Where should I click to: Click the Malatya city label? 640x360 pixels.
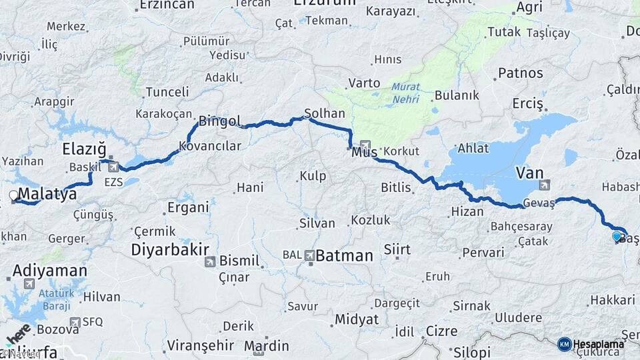(47, 194)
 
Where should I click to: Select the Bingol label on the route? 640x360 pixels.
(219, 121)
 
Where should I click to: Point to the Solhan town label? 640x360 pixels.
(324, 113)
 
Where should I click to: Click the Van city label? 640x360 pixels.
(529, 173)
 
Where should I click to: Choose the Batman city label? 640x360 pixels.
(344, 255)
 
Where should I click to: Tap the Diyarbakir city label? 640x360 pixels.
(167, 250)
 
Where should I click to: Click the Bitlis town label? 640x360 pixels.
(395, 187)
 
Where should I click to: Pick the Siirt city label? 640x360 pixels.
(397, 249)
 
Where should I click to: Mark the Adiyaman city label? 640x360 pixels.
(49, 271)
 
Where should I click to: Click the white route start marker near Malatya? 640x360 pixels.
(13, 195)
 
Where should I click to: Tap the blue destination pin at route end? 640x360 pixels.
(617, 236)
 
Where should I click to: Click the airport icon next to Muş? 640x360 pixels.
(365, 145)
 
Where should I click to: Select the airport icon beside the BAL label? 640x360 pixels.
(310, 255)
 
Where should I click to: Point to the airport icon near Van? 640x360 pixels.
(545, 185)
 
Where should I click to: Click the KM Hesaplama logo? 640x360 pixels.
(591, 344)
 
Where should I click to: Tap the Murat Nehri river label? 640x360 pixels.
(406, 92)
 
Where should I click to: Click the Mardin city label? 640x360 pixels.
(266, 345)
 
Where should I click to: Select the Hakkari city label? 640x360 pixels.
(611, 301)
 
